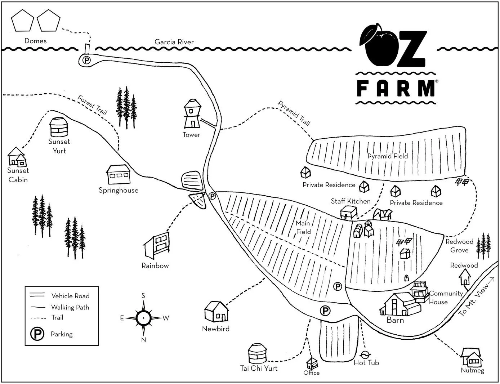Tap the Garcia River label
click(x=174, y=42)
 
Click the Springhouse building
click(x=119, y=175)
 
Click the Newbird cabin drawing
click(x=216, y=312)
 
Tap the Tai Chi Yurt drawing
click(x=258, y=353)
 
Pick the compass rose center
click(x=143, y=318)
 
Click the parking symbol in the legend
click(x=37, y=334)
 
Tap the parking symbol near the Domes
click(x=86, y=60)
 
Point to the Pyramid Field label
click(x=388, y=156)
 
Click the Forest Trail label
click(x=93, y=105)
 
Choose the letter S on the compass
click(x=143, y=296)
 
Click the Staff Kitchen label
click(x=351, y=201)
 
